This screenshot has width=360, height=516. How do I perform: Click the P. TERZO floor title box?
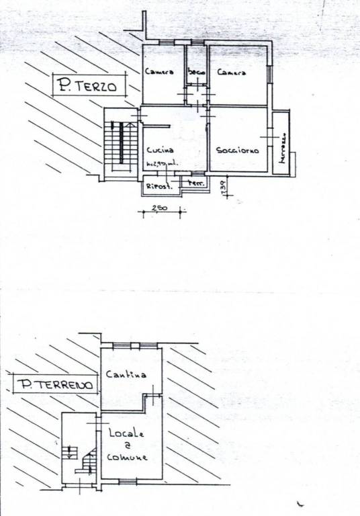(87, 86)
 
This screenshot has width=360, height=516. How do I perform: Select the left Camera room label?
(159, 71)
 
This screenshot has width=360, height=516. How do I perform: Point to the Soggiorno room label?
(238, 150)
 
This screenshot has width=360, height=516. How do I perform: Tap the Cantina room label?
(126, 374)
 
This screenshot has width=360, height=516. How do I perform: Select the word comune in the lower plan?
(128, 458)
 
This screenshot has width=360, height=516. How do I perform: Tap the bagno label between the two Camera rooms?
(196, 72)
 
